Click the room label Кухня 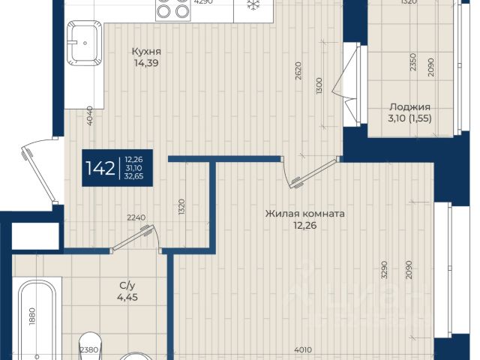[x=146, y=52]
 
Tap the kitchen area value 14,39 [x=146, y=63]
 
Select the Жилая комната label [x=304, y=213]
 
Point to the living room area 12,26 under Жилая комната [x=304, y=226]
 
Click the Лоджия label [x=409, y=107]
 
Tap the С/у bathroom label [x=127, y=286]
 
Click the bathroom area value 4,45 [x=127, y=297]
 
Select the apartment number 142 [x=100, y=168]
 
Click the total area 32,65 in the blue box [x=133, y=176]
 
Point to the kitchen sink [x=85, y=43]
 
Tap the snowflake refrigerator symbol [x=253, y=4]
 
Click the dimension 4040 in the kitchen [x=90, y=115]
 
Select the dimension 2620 [x=298, y=70]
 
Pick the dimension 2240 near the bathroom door [x=136, y=217]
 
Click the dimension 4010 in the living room [x=303, y=349]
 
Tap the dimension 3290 [x=384, y=270]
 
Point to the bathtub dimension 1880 [x=33, y=316]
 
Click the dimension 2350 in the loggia [x=413, y=62]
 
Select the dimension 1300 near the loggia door [x=319, y=85]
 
